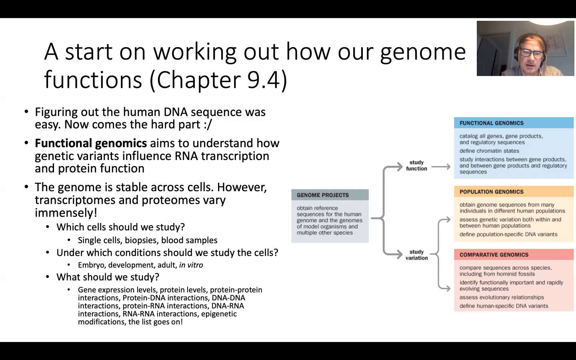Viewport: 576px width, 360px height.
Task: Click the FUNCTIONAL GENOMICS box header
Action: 491,123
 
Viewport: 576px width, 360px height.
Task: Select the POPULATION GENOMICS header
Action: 491,192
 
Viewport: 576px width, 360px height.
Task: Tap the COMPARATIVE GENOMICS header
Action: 494,255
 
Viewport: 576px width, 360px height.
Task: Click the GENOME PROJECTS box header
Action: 323,195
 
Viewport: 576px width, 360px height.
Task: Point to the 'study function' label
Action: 416,166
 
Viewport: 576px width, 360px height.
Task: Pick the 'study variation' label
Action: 416,255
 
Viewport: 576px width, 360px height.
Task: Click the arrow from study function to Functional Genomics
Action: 441,167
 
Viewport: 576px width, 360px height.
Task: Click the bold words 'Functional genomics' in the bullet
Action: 91,143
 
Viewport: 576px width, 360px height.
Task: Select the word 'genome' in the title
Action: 423,52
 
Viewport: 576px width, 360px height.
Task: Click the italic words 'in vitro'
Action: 191,265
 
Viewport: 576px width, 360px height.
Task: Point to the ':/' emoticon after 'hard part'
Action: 208,124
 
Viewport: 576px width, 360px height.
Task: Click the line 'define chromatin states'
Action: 489,151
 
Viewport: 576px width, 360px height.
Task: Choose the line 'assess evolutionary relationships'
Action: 502,297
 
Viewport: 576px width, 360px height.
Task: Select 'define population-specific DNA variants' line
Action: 508,234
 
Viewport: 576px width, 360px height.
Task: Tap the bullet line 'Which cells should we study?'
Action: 120,227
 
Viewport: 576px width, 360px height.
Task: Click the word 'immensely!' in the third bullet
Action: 66,213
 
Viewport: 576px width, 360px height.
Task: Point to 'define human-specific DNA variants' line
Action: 504,306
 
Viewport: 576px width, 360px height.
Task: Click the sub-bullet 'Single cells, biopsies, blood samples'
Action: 148,240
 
